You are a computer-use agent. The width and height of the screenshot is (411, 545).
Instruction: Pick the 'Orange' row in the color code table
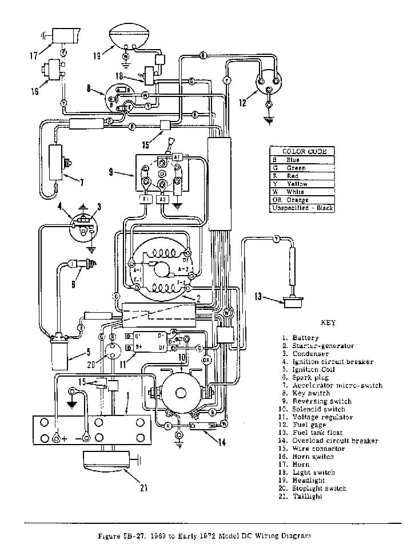[x=302, y=200]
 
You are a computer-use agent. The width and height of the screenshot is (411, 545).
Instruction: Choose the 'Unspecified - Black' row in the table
[x=302, y=208]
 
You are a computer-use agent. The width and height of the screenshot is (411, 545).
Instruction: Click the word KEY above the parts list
[x=328, y=322]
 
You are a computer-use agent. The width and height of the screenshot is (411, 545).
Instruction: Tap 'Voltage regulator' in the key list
[x=322, y=417]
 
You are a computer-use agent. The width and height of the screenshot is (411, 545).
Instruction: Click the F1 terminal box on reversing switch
[x=145, y=200]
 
